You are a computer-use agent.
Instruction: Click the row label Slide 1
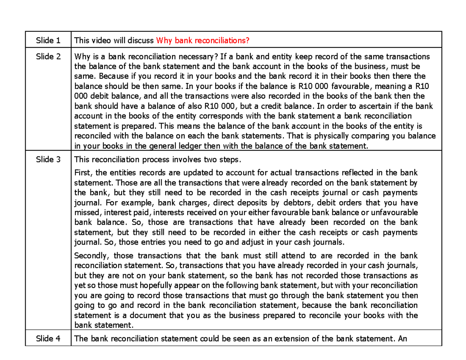tap(48, 40)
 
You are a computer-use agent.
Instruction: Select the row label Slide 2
tap(48, 57)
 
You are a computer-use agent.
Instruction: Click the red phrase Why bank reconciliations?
tap(202, 40)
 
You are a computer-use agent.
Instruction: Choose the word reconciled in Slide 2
tap(91, 136)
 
